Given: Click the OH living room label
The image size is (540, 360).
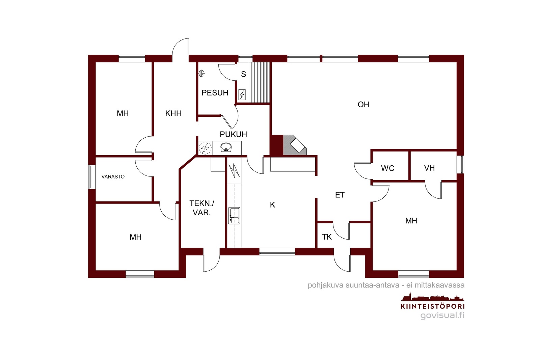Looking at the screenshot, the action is tap(363, 105).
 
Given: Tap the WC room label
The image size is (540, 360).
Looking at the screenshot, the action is tap(388, 168).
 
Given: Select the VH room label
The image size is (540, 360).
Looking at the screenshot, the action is tap(429, 168).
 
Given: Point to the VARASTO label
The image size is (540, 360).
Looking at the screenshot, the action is tap(113, 177).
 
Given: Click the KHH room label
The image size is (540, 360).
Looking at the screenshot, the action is tap(173, 113).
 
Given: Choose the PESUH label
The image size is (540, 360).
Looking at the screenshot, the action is tap(215, 93).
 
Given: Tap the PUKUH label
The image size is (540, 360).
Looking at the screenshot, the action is tap(233, 134).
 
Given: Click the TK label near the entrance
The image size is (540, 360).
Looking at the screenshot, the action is tap(327, 237).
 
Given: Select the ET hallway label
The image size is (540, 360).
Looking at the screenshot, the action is tap(340, 195).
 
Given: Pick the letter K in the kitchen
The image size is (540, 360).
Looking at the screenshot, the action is tap(272, 205).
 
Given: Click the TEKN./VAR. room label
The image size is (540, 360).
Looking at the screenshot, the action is tap(201, 208).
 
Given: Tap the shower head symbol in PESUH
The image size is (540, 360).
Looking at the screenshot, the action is tap(201, 73).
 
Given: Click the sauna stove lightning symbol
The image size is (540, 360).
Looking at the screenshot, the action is tap(242, 94).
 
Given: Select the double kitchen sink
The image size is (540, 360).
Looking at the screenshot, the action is tap(234, 216).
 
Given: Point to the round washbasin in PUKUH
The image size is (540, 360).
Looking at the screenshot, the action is tap(226, 147).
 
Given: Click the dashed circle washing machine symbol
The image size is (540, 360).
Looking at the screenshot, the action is tap(205, 148).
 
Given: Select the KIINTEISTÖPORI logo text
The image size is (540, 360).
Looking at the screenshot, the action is tap(432, 306).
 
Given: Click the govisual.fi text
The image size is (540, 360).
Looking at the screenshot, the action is tap(442, 315).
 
